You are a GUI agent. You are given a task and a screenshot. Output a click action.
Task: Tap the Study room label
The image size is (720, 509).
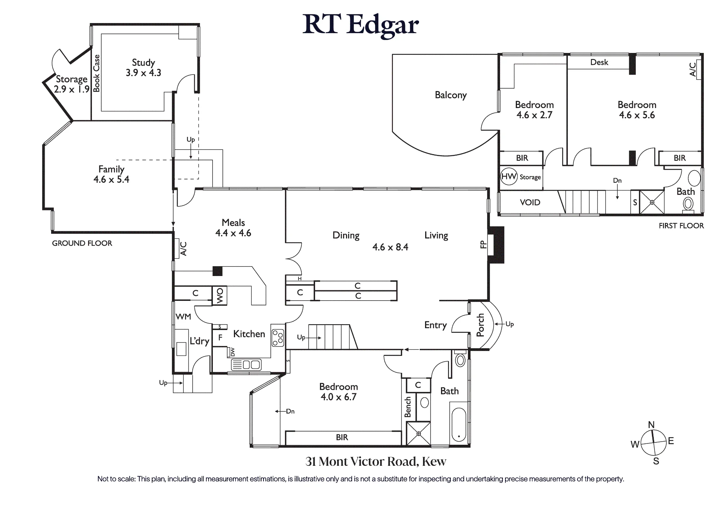(x=143, y=62)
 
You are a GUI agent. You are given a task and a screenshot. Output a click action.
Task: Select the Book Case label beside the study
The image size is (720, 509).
(x=96, y=73)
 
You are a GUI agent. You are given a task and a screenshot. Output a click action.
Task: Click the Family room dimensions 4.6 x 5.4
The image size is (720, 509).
(x=111, y=179)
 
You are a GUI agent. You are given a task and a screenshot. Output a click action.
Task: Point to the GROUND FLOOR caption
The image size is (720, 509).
(x=82, y=243)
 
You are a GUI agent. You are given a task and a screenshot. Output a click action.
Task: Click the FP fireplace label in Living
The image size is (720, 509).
(x=483, y=245)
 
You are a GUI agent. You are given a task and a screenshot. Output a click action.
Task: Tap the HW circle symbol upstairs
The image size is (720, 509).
(x=509, y=176)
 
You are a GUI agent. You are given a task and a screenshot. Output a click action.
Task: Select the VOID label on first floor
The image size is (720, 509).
(x=530, y=202)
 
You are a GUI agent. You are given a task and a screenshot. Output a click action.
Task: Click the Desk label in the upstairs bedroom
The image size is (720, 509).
(x=599, y=62)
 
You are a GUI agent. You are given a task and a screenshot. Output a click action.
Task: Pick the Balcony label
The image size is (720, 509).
(x=451, y=95)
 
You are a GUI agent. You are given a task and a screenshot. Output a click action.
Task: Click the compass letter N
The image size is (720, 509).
(x=651, y=425)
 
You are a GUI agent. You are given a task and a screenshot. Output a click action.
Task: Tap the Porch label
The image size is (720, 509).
(x=480, y=325)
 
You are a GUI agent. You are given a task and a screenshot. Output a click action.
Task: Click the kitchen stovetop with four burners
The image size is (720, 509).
(x=278, y=338)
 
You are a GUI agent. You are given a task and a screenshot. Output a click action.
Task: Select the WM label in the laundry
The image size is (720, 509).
(x=183, y=317)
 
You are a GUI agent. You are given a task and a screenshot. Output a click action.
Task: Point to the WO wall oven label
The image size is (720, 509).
(x=220, y=296)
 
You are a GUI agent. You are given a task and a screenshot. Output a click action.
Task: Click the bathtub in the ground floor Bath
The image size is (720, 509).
(x=459, y=425)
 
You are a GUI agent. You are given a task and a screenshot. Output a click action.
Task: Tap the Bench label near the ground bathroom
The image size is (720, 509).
(x=408, y=407)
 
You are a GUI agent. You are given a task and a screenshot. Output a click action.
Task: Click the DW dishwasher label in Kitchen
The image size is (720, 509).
(x=233, y=352)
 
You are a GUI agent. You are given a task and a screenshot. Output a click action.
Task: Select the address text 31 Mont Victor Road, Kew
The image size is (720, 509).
(x=376, y=461)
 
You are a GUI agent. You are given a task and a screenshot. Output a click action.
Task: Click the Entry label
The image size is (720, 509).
(x=436, y=325)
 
